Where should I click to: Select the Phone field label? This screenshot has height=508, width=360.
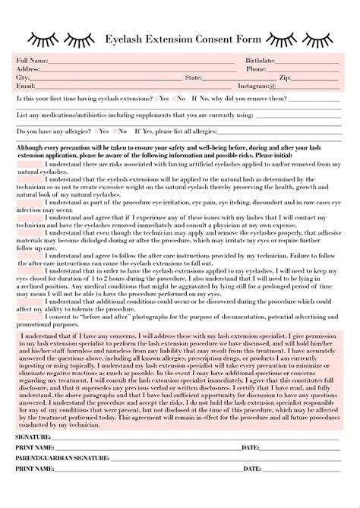(256, 68)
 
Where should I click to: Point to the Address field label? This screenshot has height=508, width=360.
(28, 68)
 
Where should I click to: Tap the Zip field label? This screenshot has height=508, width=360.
(286, 77)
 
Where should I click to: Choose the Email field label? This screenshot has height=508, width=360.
(26, 86)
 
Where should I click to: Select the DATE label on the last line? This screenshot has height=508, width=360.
(251, 469)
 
